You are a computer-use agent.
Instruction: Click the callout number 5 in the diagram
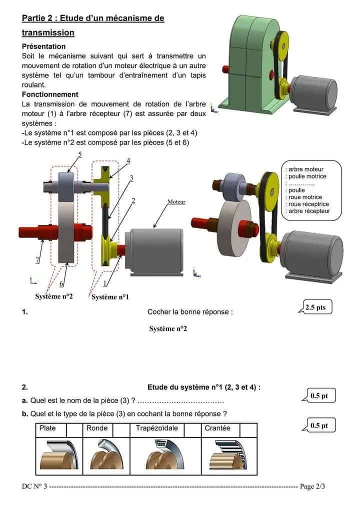[80, 154]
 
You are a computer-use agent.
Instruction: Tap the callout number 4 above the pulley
[128, 160]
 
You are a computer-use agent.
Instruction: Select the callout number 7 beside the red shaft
[37, 260]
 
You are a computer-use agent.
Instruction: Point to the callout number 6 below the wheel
[62, 284]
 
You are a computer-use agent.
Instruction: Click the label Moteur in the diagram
[176, 202]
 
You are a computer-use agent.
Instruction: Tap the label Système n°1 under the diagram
[110, 297]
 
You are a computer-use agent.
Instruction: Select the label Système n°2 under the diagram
[54, 296]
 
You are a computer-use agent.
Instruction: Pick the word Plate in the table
[47, 428]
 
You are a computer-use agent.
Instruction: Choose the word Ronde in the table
[97, 428]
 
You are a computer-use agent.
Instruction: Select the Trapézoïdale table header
[156, 428]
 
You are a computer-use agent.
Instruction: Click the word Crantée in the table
[217, 428]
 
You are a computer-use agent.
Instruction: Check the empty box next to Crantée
[248, 429]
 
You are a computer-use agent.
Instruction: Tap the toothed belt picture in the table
[228, 456]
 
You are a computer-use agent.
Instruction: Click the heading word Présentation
[43, 46]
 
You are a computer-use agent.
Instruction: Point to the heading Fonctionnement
[50, 94]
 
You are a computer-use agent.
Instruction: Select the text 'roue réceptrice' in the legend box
[308, 204]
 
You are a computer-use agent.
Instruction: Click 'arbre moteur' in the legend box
[306, 169]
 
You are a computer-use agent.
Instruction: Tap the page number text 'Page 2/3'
[315, 486]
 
